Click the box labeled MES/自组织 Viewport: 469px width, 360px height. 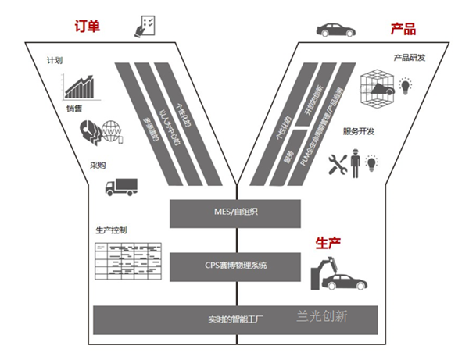[x=235, y=213]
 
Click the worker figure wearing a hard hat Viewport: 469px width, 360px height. [x=356, y=161]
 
